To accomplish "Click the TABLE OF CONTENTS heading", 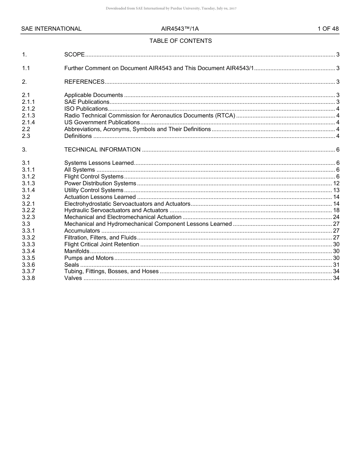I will tap(180, 41).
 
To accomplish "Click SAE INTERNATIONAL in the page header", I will tap(51, 29).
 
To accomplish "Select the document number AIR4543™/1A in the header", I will tap(180, 29).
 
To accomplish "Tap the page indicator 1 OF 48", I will tap(328, 29).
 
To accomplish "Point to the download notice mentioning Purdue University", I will tap(171, 8).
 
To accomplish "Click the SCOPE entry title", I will tap(74, 55).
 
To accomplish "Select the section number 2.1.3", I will tap(28, 116).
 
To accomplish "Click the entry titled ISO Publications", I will tap(86, 109).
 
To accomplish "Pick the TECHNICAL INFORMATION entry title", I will tap(102, 150).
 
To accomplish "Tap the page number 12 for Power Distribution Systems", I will tap(336, 183).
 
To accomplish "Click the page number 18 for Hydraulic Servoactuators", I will tap(336, 210).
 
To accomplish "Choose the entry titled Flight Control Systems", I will tap(94, 177).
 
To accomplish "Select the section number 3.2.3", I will tap(28, 217).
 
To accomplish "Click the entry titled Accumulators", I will tap(82, 231).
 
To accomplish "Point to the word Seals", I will tap(72, 265).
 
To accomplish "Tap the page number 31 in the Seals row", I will tap(336, 265).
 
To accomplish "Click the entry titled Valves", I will tap(73, 278).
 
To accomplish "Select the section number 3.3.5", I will tap(28, 258).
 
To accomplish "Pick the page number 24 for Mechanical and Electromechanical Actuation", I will tap(336, 217).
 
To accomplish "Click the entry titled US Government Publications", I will tap(102, 122).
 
